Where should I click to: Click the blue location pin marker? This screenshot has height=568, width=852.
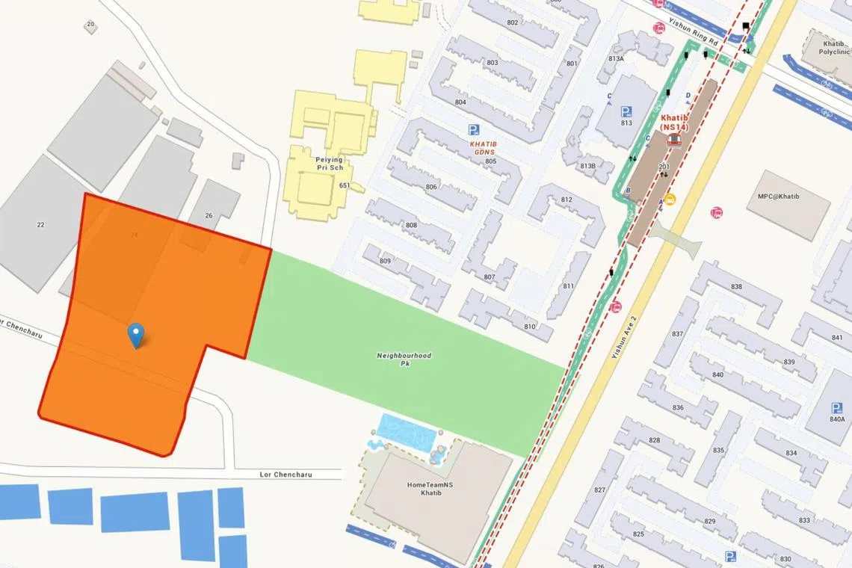(136, 335)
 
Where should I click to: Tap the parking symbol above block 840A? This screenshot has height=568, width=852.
(836, 408)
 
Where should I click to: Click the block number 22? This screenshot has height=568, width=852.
(40, 224)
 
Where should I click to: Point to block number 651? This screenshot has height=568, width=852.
(344, 185)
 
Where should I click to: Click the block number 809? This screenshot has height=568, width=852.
(386, 261)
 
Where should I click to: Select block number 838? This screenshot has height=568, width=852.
(736, 287)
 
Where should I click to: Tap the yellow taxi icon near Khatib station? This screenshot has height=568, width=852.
(670, 200)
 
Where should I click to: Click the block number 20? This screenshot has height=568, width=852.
(90, 25)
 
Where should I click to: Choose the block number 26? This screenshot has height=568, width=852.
(209, 216)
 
